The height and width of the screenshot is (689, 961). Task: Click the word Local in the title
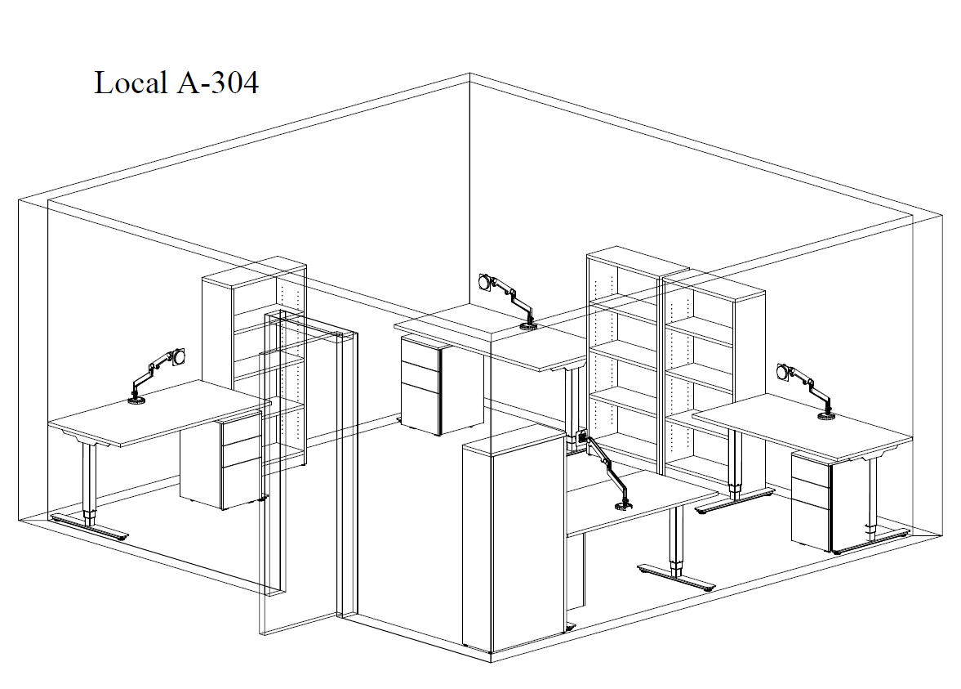(131, 83)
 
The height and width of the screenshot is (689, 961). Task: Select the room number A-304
(217, 83)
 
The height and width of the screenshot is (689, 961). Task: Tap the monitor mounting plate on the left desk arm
(179, 356)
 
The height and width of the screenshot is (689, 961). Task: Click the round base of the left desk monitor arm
(136, 401)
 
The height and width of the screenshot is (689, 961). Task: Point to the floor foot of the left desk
(90, 526)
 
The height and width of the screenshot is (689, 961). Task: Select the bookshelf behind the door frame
(255, 363)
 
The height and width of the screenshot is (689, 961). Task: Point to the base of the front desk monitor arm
(624, 506)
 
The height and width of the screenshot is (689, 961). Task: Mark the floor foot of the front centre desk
(677, 578)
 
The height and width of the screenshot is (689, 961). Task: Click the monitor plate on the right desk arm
(783, 372)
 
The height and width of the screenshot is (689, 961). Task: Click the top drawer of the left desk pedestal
(242, 431)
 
